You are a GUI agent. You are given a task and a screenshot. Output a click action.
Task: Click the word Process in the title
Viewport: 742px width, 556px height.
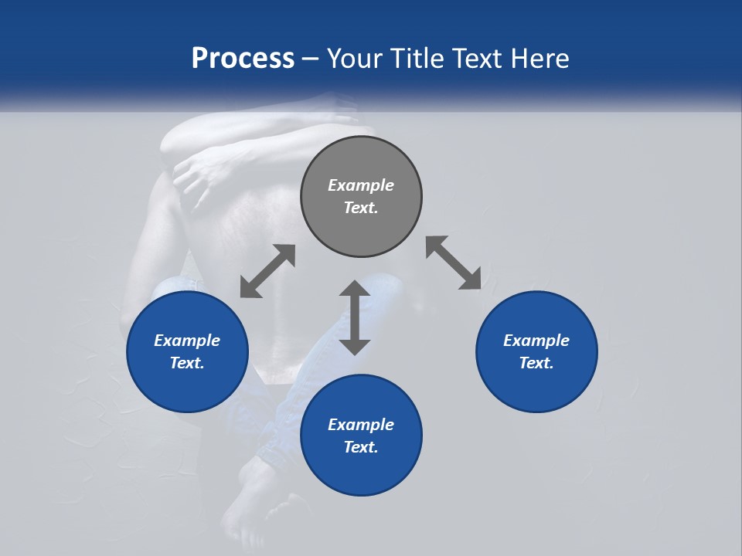[x=243, y=59]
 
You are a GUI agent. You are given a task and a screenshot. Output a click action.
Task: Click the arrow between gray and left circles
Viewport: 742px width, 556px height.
[x=267, y=271]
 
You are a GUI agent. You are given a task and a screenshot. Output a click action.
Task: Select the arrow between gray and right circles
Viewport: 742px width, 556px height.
[x=454, y=263]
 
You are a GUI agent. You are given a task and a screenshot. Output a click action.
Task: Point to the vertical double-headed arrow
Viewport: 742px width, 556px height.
[x=355, y=317]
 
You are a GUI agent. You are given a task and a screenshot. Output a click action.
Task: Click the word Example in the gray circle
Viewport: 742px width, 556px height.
[x=361, y=185]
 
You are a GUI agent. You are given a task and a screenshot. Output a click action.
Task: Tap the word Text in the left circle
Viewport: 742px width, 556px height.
[x=187, y=363]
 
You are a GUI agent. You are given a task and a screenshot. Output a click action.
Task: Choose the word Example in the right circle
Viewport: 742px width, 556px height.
[x=536, y=341]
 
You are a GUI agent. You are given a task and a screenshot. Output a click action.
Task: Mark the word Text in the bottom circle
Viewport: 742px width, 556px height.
[x=361, y=447]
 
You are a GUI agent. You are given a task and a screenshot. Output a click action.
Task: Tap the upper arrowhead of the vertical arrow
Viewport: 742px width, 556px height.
[x=355, y=289]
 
